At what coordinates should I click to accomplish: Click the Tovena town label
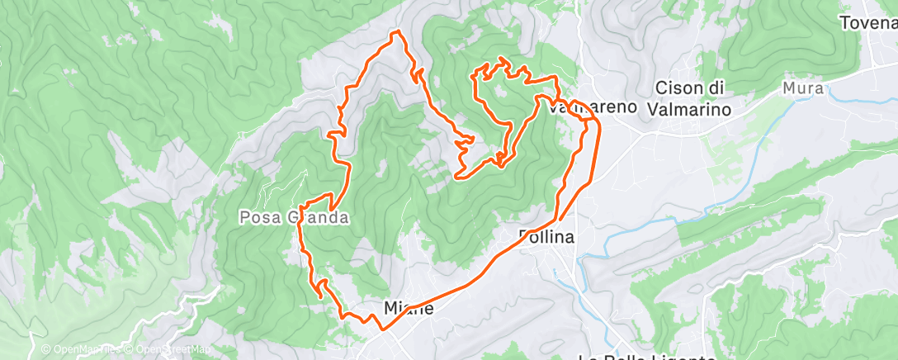click(x=867, y=23)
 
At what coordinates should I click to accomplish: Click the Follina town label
click(x=546, y=237)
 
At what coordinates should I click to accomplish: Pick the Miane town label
click(x=409, y=308)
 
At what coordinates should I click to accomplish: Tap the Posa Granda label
click(x=293, y=218)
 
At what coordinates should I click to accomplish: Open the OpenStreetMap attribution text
click(x=172, y=349)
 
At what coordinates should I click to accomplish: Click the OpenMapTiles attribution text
click(x=81, y=349)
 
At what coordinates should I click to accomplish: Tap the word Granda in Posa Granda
click(x=317, y=218)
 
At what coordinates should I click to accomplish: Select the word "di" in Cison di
click(x=715, y=88)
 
